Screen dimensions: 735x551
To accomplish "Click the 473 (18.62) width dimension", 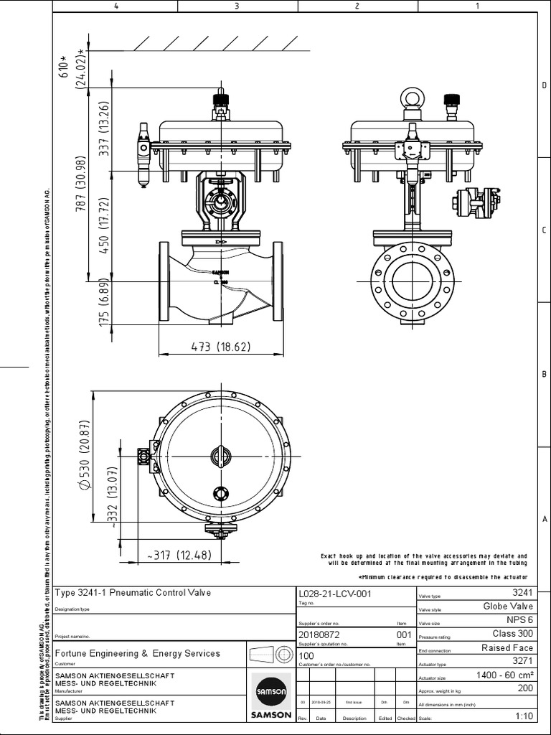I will [220, 347].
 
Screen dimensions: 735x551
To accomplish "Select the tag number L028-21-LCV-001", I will [334, 594].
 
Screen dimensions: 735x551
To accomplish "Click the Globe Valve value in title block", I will [509, 607].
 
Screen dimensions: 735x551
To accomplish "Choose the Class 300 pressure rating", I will [512, 634].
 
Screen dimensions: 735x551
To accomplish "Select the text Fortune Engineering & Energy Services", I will [138, 653].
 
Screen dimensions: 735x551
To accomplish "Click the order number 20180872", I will [319, 635].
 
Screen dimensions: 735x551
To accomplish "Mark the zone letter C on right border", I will [544, 230].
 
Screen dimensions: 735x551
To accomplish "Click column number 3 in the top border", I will [236, 6].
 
